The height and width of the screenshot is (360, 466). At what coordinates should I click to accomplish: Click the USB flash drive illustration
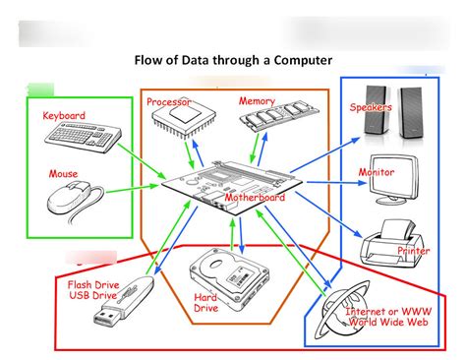pos(123,303)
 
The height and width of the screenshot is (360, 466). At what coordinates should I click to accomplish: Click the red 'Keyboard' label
pos(64,115)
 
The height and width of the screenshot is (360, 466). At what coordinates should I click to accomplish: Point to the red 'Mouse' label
pos(63,174)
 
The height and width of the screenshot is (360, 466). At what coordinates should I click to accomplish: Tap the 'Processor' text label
pos(168,101)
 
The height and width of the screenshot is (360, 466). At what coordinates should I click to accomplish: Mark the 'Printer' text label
pos(413,251)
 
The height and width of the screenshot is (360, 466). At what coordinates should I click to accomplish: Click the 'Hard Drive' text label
pos(205,302)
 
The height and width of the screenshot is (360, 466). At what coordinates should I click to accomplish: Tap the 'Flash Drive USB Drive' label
pos(92,292)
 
